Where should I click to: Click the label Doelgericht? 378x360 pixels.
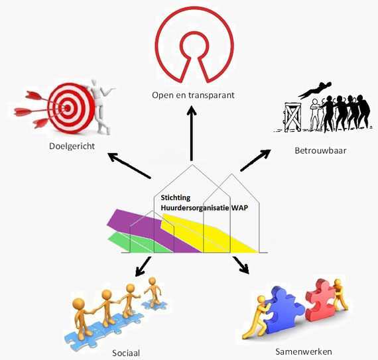[72, 147]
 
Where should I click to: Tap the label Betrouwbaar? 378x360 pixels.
[320, 150]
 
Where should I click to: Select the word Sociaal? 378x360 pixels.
[126, 353]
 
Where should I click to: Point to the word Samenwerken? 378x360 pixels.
[304, 351]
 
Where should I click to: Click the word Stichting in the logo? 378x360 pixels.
[176, 198]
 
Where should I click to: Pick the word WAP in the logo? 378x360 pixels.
[239, 208]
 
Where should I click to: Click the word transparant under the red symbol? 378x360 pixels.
[211, 95]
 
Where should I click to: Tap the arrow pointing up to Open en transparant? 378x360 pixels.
[192, 133]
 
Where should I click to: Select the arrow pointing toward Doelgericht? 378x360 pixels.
[129, 166]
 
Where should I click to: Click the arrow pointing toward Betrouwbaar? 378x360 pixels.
[255, 160]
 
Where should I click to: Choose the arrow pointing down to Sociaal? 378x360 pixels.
[143, 267]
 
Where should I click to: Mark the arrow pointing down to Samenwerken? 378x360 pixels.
[241, 265]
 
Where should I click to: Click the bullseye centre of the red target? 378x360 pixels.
[68, 109]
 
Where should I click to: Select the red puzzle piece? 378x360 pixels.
[320, 300]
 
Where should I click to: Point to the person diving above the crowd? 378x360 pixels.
[315, 90]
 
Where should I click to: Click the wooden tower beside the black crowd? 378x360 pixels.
[292, 117]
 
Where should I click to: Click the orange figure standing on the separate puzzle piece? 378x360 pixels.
[153, 292]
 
